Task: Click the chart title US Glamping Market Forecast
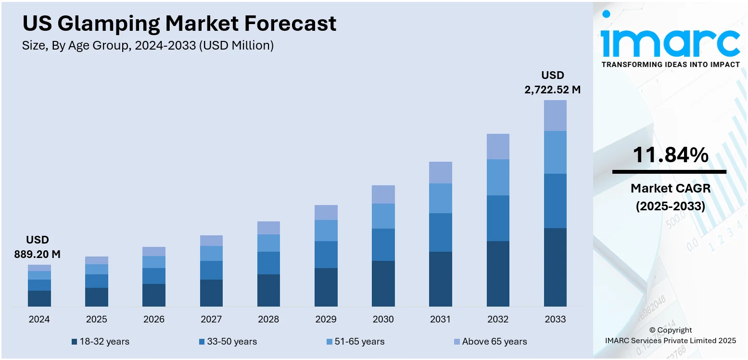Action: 179,24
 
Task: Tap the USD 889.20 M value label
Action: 38,247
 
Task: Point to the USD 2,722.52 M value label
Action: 552,82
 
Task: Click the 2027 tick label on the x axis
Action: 211,319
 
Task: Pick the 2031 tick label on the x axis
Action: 440,319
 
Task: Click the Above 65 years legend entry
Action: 490,342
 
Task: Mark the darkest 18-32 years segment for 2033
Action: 555,267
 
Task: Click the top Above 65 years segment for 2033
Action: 555,116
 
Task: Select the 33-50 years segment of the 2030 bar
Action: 383,244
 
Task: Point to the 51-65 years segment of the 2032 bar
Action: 498,177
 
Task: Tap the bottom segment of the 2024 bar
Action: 39,298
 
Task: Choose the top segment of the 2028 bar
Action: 268,228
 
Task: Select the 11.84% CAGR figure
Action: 670,155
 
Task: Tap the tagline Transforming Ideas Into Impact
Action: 671,64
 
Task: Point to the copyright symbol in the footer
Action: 653,330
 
